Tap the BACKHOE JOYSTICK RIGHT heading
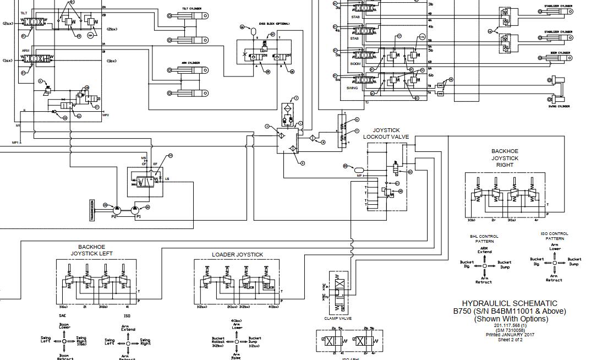pos(505,158)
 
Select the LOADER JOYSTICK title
pos(237,255)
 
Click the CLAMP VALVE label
pos(338,318)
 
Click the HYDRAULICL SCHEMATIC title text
pos(509,303)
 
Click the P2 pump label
pos(114,217)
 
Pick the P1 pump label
pos(138,217)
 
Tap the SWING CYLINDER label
pos(559,106)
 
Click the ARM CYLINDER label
pos(190,63)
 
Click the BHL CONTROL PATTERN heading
pos(484,238)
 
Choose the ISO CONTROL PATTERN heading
pos(555,236)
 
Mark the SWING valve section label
pos(352,88)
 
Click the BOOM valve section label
pos(355,64)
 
